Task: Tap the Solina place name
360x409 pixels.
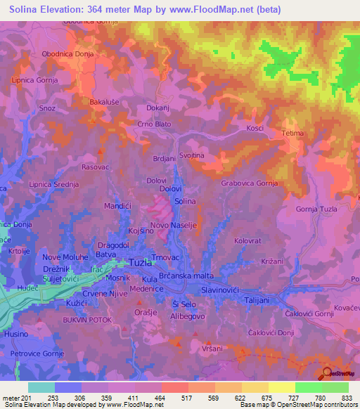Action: (185, 201)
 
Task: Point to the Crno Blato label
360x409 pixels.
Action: (154, 124)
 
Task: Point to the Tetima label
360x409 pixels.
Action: (292, 133)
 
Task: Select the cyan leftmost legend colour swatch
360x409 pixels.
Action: (41, 387)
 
